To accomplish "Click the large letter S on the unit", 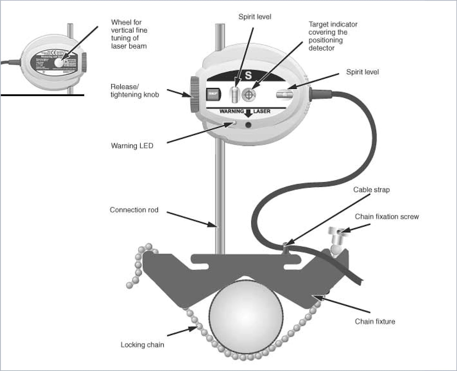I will click(248, 75).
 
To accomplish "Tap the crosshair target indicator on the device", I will click(249, 94).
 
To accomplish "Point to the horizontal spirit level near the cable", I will click(284, 94).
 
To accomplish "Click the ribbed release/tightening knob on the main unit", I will click(195, 94).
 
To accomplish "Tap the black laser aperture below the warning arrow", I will click(248, 125).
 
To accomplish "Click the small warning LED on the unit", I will click(234, 123).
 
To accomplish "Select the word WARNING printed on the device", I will click(232, 111).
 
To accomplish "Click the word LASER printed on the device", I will click(262, 111).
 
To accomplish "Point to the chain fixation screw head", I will click(335, 231).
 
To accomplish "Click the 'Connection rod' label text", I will click(134, 210).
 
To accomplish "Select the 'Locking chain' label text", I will click(142, 345).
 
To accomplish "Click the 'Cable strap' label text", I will click(371, 190).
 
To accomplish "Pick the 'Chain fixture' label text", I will click(375, 321).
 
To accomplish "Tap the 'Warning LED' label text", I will click(132, 146).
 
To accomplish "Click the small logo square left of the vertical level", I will click(213, 94).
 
